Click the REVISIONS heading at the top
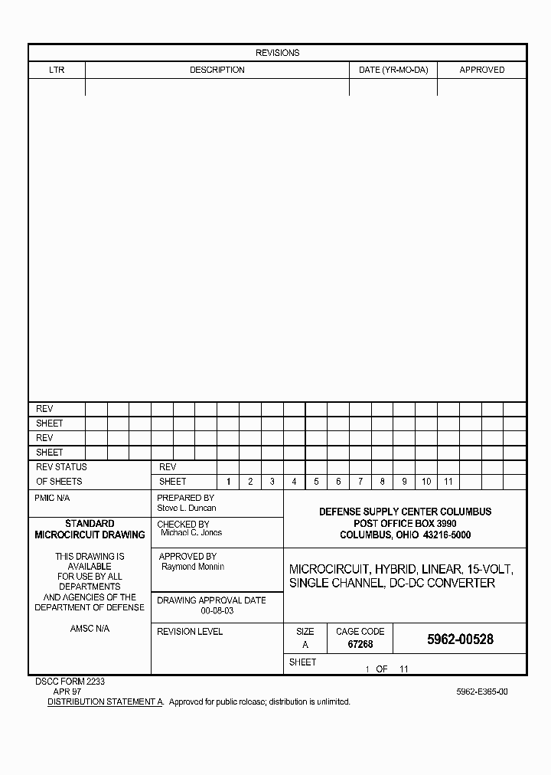pyautogui.click(x=277, y=53)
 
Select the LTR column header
pyautogui.click(x=57, y=70)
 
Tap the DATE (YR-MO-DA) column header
pyautogui.click(x=393, y=70)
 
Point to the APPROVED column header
pyautogui.click(x=481, y=70)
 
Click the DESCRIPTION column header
pyautogui.click(x=217, y=70)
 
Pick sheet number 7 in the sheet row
pyautogui.click(x=360, y=482)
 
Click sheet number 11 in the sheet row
pyautogui.click(x=448, y=482)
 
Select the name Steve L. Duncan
pyautogui.click(x=187, y=508)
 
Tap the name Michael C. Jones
pyautogui.click(x=191, y=532)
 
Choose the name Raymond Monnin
pyautogui.click(x=193, y=567)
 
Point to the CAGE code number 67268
pyautogui.click(x=360, y=645)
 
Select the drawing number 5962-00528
pyautogui.click(x=460, y=639)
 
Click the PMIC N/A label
pyautogui.click(x=52, y=498)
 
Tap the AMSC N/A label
pyautogui.click(x=90, y=628)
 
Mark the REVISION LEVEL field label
pyautogui.click(x=190, y=632)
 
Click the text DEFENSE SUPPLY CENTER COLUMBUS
pyautogui.click(x=406, y=512)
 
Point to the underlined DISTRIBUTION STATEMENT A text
pyautogui.click(x=106, y=701)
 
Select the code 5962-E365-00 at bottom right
pyautogui.click(x=482, y=692)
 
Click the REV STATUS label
pyautogui.click(x=61, y=467)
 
